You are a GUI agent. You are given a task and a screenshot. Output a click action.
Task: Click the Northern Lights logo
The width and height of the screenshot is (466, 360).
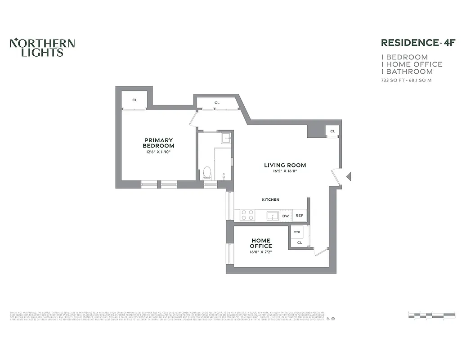(x=42, y=48)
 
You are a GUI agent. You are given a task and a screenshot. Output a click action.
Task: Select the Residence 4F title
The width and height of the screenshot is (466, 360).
(x=418, y=43)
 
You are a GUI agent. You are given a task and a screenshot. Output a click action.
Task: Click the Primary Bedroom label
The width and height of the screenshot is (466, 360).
(x=158, y=143)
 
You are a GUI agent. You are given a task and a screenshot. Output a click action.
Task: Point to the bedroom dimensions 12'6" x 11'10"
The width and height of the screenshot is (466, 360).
(x=158, y=152)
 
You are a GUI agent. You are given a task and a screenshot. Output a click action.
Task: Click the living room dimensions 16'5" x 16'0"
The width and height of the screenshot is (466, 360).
(x=285, y=171)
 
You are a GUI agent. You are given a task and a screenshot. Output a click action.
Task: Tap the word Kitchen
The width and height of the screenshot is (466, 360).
(x=271, y=199)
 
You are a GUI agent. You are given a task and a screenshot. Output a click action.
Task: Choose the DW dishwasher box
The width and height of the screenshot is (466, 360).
(x=285, y=216)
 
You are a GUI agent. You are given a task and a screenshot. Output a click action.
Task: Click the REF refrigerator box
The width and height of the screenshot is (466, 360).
(x=299, y=216)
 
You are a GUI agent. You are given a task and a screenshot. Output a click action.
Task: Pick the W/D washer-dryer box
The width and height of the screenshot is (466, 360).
(x=297, y=232)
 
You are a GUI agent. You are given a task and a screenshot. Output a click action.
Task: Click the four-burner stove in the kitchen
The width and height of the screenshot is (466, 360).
(x=247, y=216)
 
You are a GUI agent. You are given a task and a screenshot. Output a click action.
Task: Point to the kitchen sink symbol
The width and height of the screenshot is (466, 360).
(x=272, y=216)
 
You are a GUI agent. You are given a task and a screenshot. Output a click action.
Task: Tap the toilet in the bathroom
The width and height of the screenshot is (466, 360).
(x=207, y=172)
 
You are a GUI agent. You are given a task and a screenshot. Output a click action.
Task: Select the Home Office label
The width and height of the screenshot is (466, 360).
(x=261, y=243)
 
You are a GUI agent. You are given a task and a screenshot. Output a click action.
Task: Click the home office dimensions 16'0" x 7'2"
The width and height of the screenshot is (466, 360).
(x=261, y=252)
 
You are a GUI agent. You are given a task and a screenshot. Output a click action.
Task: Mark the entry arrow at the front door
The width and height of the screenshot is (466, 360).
(x=348, y=176)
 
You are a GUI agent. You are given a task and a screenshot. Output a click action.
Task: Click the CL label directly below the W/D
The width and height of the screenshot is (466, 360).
(x=300, y=243)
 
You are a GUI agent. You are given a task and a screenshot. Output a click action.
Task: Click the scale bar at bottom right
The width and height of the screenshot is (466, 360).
(x=431, y=315)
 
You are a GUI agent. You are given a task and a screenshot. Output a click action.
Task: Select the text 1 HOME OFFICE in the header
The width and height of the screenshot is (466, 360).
(x=412, y=64)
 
